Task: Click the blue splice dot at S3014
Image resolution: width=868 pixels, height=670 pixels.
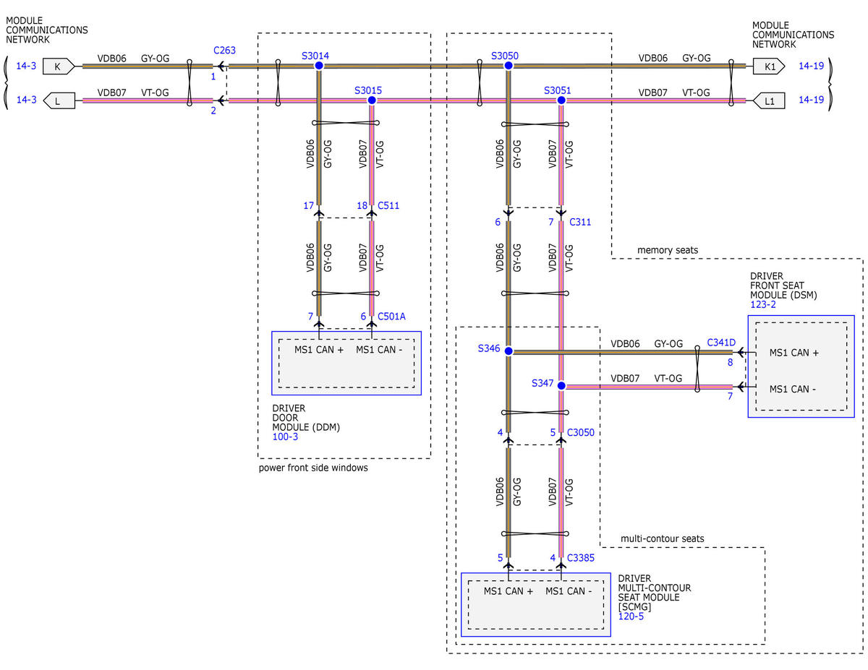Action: (318, 66)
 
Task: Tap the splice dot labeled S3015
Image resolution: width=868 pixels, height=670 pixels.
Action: (372, 100)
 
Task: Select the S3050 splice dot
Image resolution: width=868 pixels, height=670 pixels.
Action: (508, 66)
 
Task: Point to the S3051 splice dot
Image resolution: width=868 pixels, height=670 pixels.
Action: (561, 100)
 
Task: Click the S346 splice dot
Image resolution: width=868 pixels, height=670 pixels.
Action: (508, 351)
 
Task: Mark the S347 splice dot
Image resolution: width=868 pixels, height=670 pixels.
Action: (561, 385)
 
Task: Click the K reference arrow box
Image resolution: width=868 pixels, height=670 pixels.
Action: (59, 66)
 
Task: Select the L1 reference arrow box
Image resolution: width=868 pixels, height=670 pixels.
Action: (768, 100)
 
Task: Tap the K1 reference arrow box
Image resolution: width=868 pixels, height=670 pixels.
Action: (768, 66)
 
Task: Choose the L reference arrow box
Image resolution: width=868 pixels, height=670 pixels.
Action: (59, 100)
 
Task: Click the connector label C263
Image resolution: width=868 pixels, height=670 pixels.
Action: (224, 51)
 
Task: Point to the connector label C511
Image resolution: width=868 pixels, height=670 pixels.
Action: (388, 205)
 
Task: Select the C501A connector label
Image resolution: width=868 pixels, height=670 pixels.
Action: (391, 317)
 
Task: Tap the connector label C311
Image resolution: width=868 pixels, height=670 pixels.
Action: (579, 222)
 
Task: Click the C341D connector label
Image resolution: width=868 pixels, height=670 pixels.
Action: (721, 343)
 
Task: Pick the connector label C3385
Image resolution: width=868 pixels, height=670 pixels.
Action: (580, 558)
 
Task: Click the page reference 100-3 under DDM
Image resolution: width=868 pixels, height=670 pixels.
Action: (285, 437)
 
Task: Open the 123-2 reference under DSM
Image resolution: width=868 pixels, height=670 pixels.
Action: (762, 304)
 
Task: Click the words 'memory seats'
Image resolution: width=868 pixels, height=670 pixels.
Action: (668, 250)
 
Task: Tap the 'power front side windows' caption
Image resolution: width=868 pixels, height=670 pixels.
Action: (313, 468)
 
